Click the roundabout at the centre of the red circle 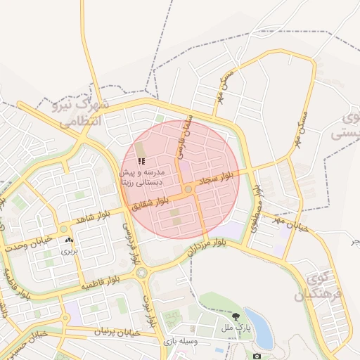(x=188, y=190)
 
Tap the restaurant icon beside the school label (x=133, y=162)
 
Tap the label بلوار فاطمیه (x=99, y=283)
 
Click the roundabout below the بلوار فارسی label (x=142, y=271)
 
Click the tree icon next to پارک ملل (x=236, y=317)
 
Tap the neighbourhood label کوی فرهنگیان (x=320, y=288)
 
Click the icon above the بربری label (x=69, y=240)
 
